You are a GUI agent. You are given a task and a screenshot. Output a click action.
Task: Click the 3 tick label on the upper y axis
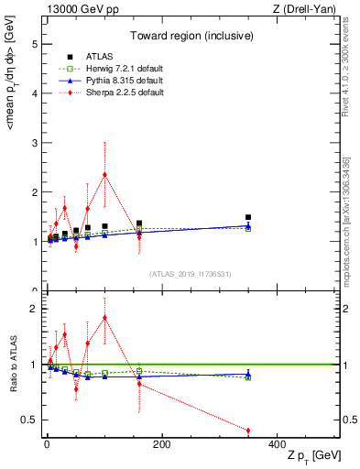(x=34, y=143)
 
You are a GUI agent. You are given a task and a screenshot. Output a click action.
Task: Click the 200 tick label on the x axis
(x=161, y=445)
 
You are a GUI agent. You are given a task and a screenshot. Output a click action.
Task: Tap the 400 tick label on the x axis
(x=277, y=445)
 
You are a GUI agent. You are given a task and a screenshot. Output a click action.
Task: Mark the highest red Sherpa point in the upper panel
(x=104, y=174)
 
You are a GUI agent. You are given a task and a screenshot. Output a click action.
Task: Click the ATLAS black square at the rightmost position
(x=248, y=217)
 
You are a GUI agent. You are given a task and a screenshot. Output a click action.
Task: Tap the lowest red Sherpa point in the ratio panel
(x=248, y=431)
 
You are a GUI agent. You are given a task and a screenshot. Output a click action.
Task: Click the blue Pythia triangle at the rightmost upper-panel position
(x=248, y=225)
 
